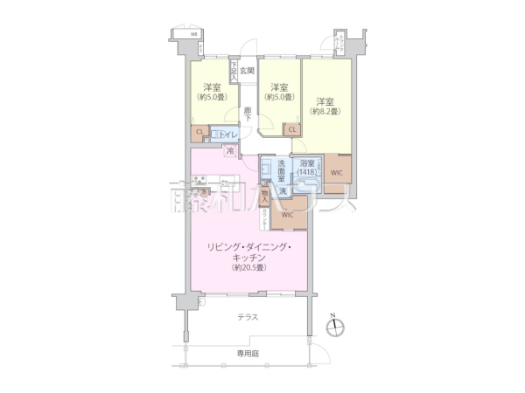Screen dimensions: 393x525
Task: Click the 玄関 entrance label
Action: click(x=247, y=71)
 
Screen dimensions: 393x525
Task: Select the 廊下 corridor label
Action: click(x=248, y=111)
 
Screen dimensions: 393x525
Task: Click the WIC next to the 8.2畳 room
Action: click(x=336, y=172)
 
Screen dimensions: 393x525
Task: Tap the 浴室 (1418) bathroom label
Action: click(x=306, y=169)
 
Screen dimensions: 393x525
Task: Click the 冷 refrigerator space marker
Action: click(x=230, y=151)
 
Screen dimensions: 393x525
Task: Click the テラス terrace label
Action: click(x=248, y=318)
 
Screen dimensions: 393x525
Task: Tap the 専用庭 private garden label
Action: click(x=248, y=353)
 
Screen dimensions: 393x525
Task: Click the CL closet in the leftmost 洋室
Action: click(x=200, y=133)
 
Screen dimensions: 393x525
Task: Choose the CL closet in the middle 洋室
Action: click(x=291, y=129)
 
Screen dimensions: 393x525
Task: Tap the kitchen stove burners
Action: click(x=199, y=182)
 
